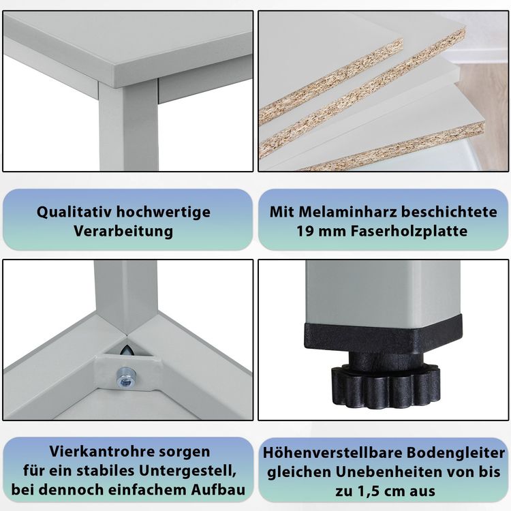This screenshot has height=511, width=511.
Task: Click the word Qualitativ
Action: pos(75,212)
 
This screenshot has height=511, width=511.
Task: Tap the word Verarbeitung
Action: pos(123,232)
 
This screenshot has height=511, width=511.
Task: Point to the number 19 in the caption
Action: pos(304,232)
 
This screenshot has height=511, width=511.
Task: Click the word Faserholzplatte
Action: pos(409,232)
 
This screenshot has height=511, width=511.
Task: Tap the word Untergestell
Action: pos(187,471)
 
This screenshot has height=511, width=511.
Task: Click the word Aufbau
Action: pos(218,490)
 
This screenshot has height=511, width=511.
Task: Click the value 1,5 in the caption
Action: pos(370,491)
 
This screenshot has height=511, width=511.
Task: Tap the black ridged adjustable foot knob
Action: pos(385,386)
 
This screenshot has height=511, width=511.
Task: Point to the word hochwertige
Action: pos(164,212)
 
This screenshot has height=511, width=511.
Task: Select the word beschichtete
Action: pos(449,212)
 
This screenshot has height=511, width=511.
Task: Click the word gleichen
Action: pos(300,472)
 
